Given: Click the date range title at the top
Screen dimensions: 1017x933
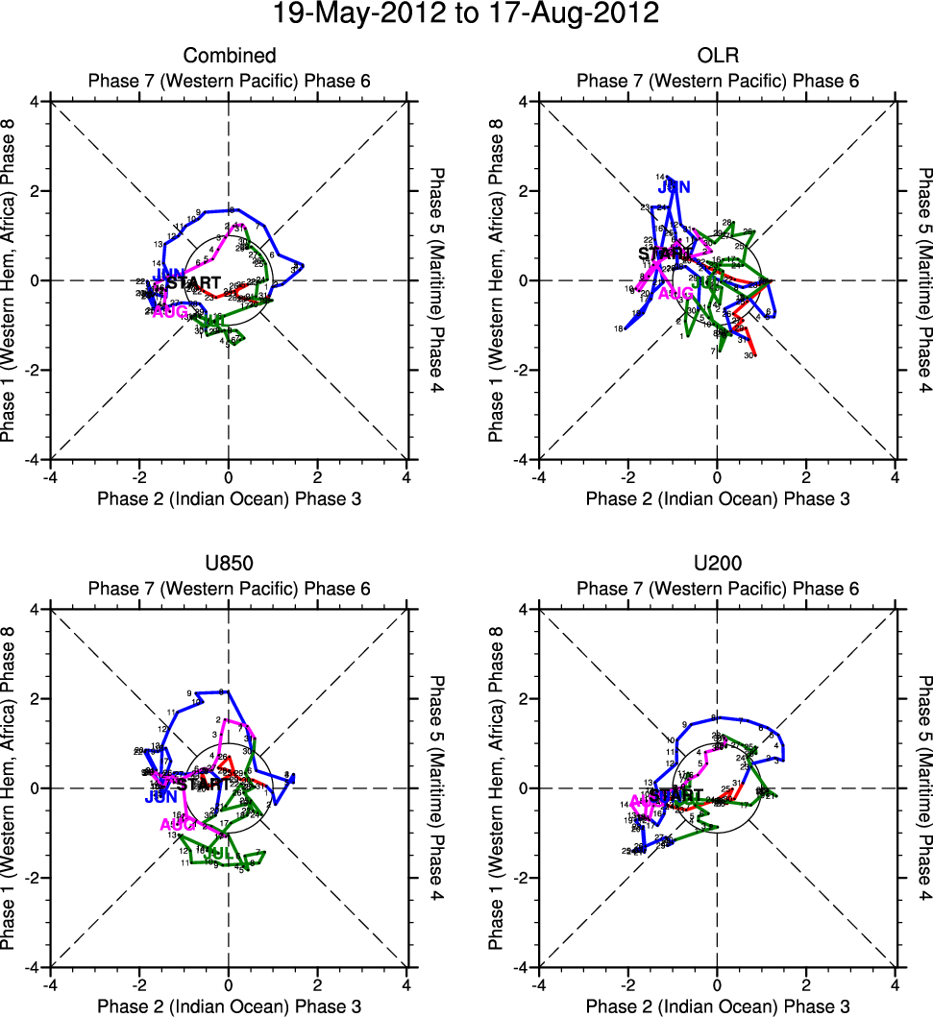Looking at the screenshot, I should tap(466, 14).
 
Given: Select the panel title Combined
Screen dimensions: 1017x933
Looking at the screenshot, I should tap(230, 56).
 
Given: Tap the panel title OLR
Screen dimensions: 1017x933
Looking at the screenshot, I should tap(717, 56).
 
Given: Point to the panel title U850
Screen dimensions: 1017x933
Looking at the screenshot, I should tap(229, 564).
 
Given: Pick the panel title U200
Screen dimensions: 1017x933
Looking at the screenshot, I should tap(717, 564).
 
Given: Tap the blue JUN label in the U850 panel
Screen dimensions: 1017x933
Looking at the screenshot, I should tap(161, 797).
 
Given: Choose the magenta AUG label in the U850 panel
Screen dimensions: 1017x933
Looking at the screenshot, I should tap(178, 824).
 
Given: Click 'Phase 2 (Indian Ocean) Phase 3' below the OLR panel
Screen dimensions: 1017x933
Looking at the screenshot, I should tap(717, 498).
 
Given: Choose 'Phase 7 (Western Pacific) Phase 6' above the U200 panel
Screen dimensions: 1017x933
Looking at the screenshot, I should tap(717, 589).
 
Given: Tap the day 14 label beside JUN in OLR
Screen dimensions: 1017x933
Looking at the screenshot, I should tap(660, 178).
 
